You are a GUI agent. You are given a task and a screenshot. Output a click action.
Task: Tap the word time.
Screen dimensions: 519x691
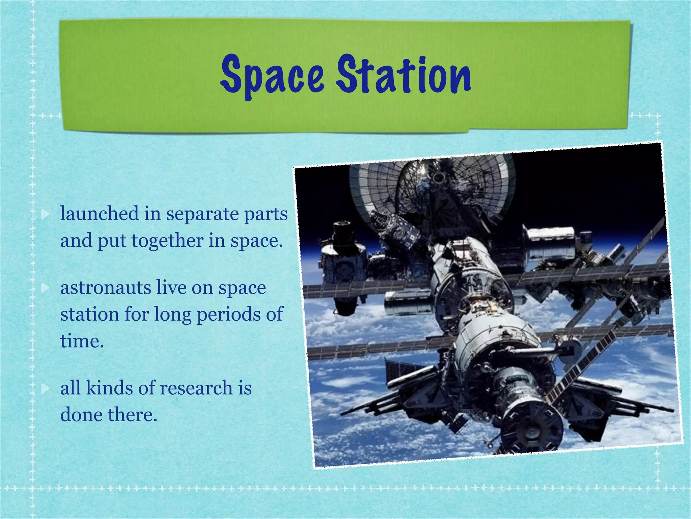(x=82, y=341)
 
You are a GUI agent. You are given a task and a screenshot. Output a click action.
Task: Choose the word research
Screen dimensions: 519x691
(x=196, y=388)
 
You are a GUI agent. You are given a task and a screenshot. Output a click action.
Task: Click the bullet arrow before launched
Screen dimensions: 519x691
(x=45, y=214)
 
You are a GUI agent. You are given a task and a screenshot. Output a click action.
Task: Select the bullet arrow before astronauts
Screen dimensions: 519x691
(x=45, y=288)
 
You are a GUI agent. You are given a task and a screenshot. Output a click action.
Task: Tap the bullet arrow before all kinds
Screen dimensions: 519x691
(x=45, y=389)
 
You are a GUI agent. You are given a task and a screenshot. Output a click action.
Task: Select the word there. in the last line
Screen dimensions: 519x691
(x=132, y=415)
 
